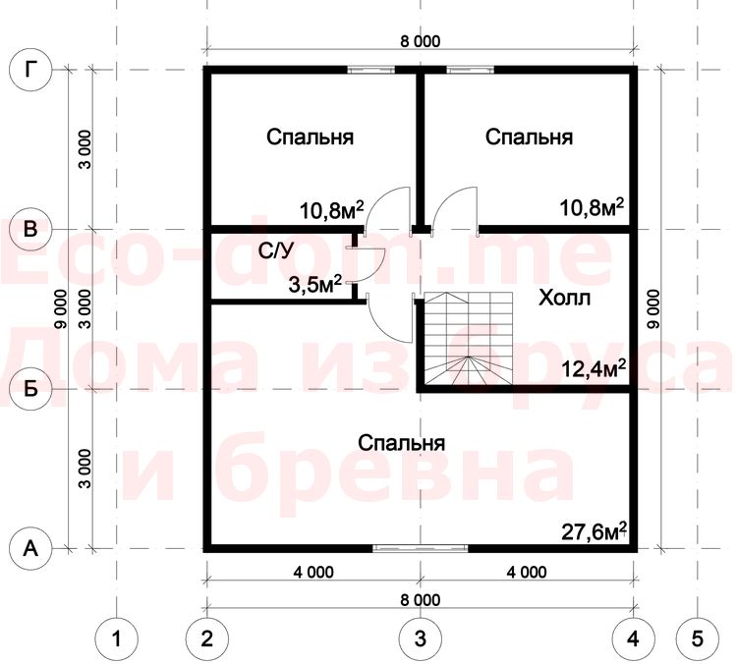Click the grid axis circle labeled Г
coord(30,70)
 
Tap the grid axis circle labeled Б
coord(30,389)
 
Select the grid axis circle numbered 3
coord(421,638)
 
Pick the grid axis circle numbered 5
coord(698,638)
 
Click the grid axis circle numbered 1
coord(117,638)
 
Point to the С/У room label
coord(275,251)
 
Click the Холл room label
coord(564,298)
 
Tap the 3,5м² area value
coord(314,284)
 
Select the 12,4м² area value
coord(594,369)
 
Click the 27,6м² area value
coord(595,531)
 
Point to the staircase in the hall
coord(469,338)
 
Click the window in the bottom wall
coord(421,548)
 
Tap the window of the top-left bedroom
coord(370,70)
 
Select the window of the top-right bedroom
coord(470,70)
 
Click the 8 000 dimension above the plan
coord(421,41)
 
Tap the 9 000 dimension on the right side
coord(653,308)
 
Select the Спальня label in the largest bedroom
coord(401,443)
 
